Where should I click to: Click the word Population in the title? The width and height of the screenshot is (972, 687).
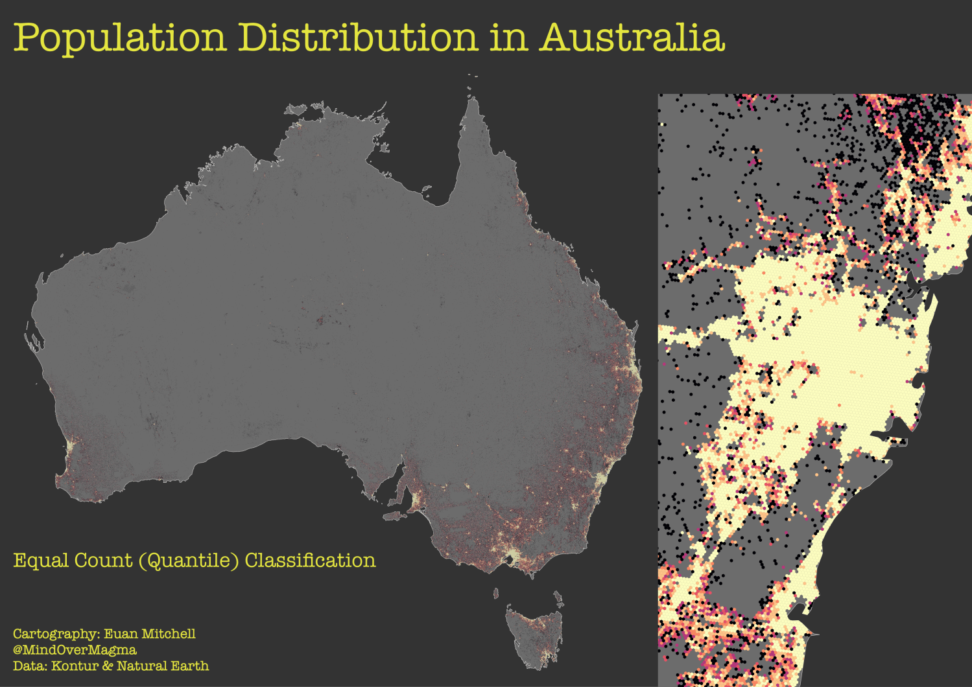tap(121, 38)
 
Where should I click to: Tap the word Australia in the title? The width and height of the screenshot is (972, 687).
tap(632, 38)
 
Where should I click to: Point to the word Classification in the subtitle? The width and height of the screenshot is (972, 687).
tap(310, 561)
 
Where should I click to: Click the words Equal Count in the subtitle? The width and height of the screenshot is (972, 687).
tap(73, 561)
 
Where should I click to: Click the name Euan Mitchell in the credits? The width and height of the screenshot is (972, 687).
tap(150, 634)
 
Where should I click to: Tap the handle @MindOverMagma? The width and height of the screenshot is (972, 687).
tap(75, 649)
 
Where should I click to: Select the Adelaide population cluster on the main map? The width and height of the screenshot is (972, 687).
tap(415, 499)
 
